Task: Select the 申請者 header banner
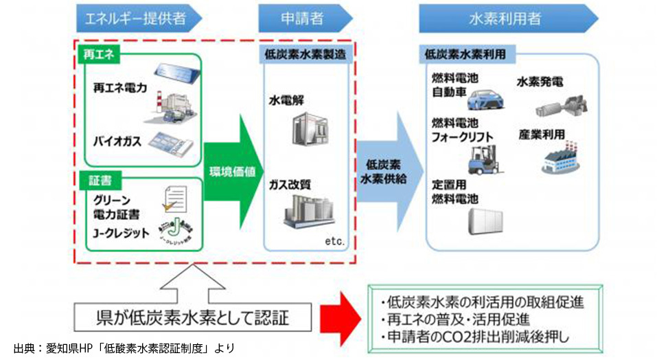pos(301,19)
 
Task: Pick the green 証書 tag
pos(100,181)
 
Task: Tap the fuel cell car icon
pos(488,98)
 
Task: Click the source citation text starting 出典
pos(124,348)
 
